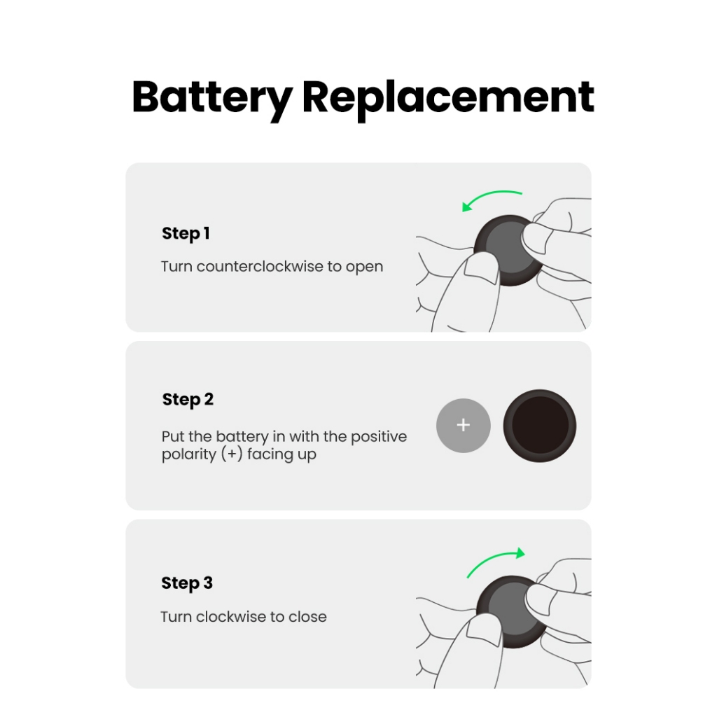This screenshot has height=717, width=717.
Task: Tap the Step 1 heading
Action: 186,234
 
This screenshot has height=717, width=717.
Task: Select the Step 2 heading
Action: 188,400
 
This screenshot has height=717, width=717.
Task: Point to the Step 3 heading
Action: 187,583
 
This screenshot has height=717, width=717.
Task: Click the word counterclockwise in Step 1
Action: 260,267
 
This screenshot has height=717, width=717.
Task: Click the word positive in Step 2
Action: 379,437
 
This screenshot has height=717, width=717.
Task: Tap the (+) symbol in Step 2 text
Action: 232,454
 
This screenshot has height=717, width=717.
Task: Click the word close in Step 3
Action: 308,617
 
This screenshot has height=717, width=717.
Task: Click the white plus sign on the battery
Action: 464,425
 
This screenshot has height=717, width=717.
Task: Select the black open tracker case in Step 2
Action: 540,426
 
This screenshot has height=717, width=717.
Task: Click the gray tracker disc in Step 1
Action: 508,249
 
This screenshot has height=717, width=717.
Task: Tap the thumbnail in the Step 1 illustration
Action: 481,271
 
